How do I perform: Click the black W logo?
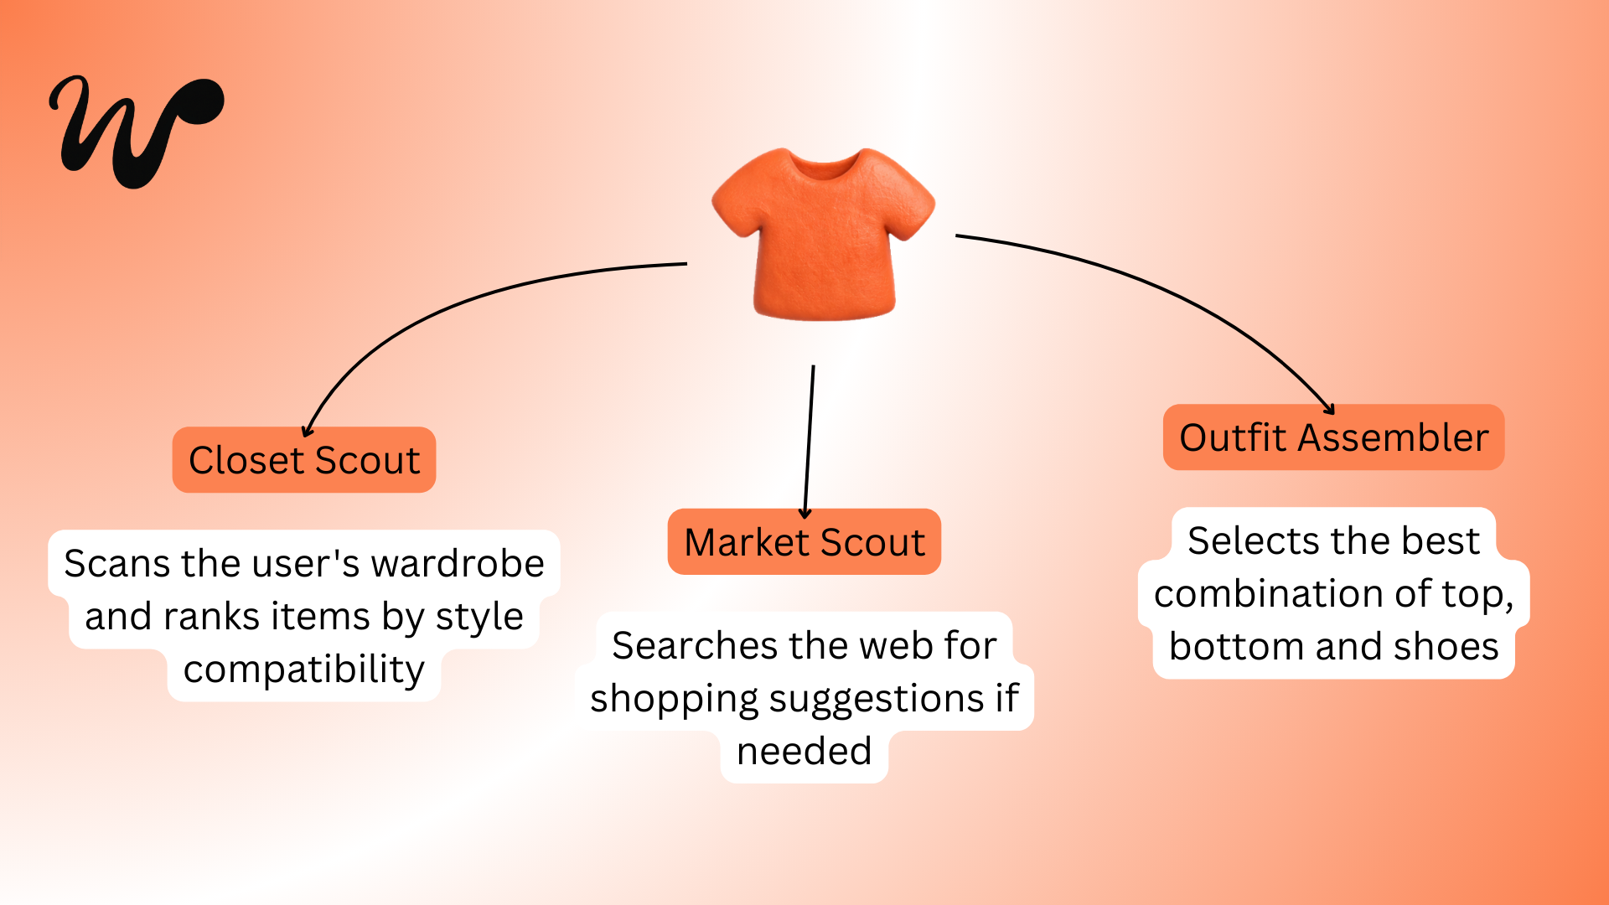(134, 130)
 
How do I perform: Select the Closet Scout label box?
(303, 460)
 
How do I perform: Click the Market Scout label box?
(804, 542)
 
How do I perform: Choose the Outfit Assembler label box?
(1333, 437)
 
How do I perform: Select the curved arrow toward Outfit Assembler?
(1173, 293)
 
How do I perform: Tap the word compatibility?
(303, 670)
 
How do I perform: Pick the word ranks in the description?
(211, 617)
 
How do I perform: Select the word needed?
(804, 752)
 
